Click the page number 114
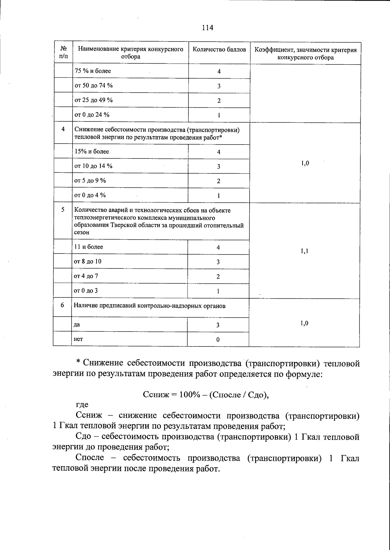(x=207, y=28)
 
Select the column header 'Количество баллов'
(x=219, y=50)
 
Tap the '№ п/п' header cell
(x=64, y=53)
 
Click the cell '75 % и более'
(x=93, y=71)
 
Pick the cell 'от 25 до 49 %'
(x=94, y=100)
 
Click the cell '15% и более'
(x=92, y=152)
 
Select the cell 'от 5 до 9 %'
(x=90, y=181)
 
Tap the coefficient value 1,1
(x=304, y=251)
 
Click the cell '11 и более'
(x=88, y=247)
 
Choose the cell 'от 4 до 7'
(x=86, y=276)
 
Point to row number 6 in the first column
(x=62, y=305)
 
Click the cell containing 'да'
(x=77, y=325)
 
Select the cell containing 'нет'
(x=78, y=339)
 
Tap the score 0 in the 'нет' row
(x=218, y=340)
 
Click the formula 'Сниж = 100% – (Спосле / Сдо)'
(x=206, y=394)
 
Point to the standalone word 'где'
(x=82, y=405)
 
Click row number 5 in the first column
(x=63, y=210)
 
